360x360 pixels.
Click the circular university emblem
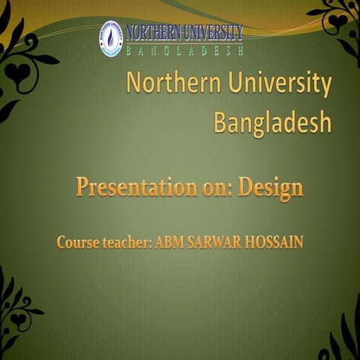[x=111, y=39]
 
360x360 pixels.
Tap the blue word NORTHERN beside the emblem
[x=153, y=32]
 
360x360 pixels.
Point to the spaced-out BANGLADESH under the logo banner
[x=186, y=50]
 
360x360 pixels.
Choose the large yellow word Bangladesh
[x=272, y=121]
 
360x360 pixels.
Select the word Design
[x=271, y=187]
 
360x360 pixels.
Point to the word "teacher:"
[x=128, y=243]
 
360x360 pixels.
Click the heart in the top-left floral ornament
[x=16, y=73]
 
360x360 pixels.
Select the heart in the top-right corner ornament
[x=339, y=20]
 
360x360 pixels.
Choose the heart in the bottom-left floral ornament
[x=16, y=319]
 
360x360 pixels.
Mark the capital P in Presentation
[x=82, y=187]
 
